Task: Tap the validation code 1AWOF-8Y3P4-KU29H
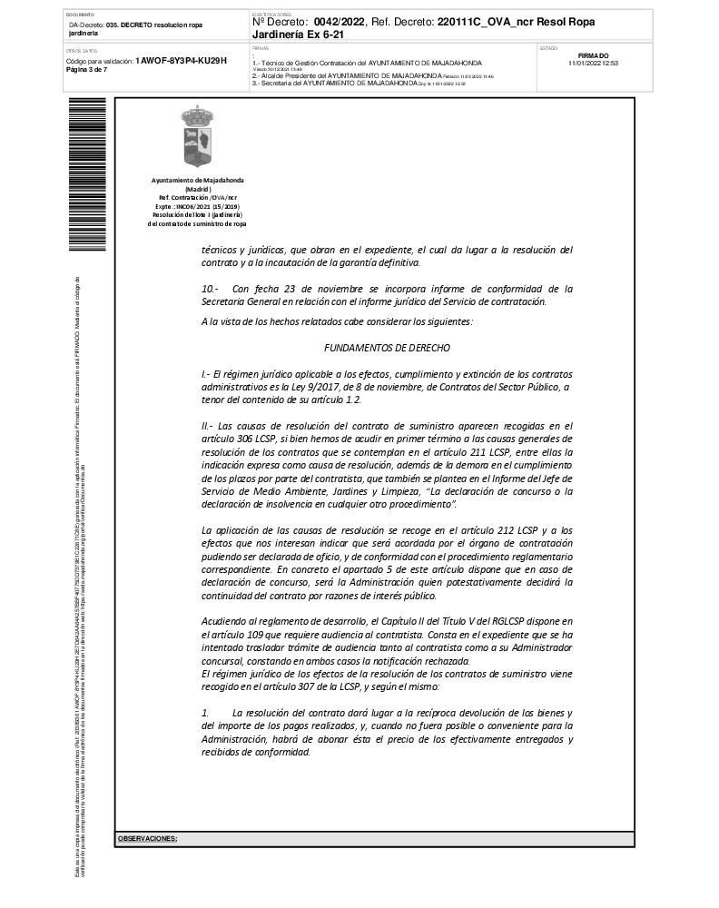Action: pos(181,61)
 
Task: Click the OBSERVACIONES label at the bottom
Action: pos(147,838)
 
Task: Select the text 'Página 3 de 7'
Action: pos(87,70)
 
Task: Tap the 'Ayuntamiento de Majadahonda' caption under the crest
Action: pos(197,182)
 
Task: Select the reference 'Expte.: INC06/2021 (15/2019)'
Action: pos(197,206)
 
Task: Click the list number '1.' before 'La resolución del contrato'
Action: pos(205,714)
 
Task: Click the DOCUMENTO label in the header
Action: pos(79,15)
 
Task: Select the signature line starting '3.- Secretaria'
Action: pos(334,83)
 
